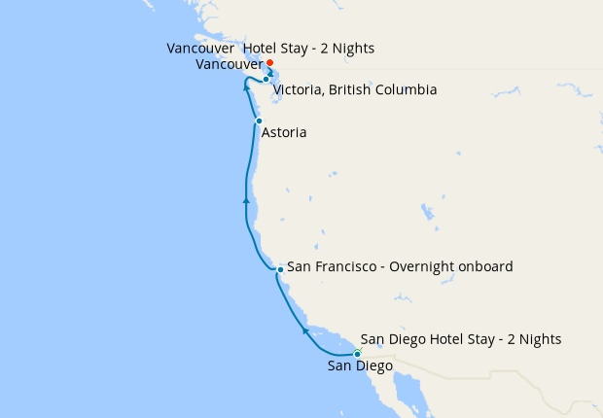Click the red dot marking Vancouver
pos(269,63)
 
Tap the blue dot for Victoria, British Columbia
pos(266,80)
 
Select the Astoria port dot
pos(259,121)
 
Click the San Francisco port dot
pos(280,268)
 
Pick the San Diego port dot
pos(357,354)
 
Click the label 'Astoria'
pos(284,132)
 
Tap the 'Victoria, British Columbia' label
pos(354,90)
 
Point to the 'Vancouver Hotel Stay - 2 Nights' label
pos(270,48)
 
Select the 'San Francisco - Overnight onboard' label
pos(400,266)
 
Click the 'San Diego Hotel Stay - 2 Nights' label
pos(460,339)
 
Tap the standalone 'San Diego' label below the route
pos(360,366)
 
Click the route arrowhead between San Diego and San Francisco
pos(305,331)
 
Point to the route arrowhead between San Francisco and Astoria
pos(246,200)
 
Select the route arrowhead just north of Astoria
pos(246,88)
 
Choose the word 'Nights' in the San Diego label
pos(538,339)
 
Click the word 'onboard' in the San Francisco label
pos(485,266)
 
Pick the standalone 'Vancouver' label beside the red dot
pos(228,65)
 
